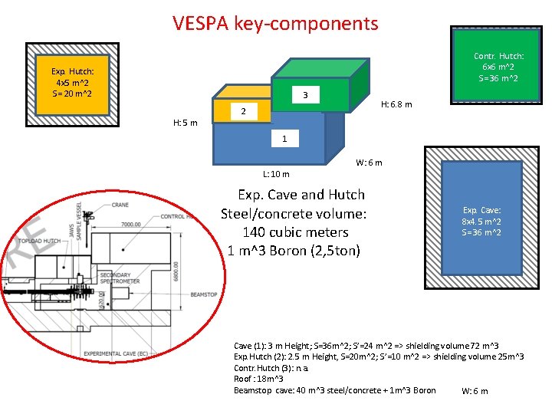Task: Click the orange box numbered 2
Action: tap(242, 112)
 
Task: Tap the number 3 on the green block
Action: tap(305, 95)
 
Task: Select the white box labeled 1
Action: tap(284, 139)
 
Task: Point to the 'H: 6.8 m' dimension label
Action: tap(396, 104)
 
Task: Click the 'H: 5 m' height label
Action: tap(185, 123)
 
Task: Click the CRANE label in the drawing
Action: tap(120, 205)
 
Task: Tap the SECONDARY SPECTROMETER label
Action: tap(120, 278)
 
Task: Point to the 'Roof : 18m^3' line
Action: tap(258, 379)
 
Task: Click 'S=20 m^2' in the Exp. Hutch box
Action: tap(73, 94)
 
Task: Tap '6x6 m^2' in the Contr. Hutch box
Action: tap(498, 67)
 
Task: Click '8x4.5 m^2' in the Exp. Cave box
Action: tap(481, 221)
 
